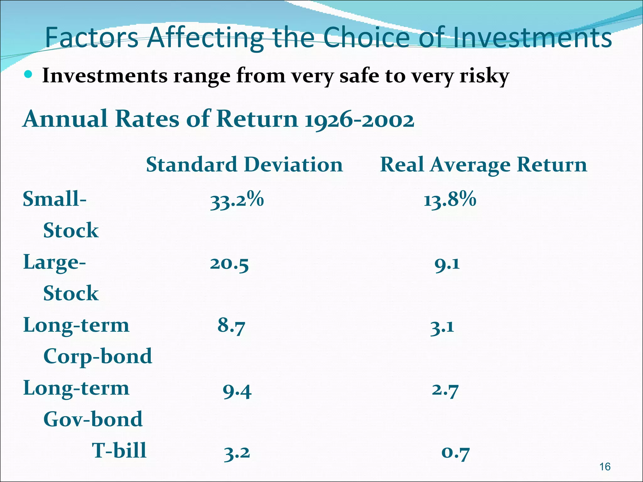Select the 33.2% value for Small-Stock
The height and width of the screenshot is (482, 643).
coord(237,200)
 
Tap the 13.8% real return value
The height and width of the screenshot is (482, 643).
coord(450,200)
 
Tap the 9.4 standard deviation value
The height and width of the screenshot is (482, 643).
coord(237,391)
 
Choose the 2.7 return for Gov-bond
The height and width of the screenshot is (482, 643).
coord(445,390)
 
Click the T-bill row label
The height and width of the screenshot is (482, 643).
coord(119,451)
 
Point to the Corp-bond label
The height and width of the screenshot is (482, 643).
coord(98,356)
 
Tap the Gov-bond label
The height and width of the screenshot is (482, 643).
coord(93,419)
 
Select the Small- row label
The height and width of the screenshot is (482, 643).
coord(55,199)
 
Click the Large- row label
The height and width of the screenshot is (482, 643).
coord(54,262)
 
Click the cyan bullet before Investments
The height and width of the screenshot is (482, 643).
coord(28,74)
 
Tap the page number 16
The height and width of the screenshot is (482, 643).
coord(605,467)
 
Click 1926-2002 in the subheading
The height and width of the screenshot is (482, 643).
coord(359,120)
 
